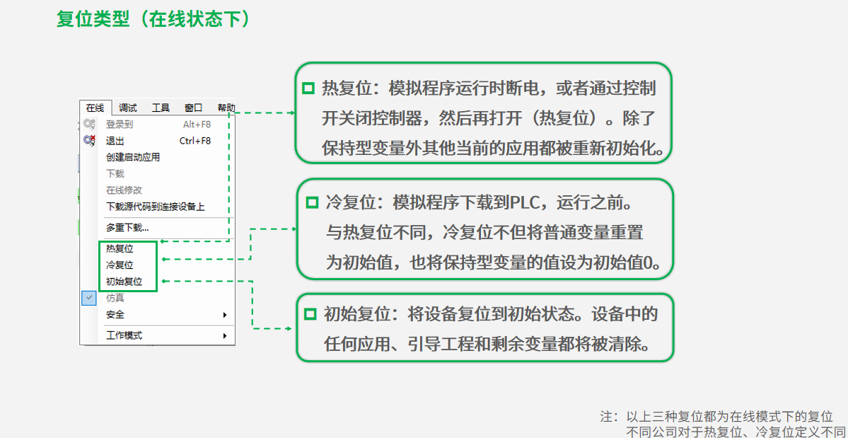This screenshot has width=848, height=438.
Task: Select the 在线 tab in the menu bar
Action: pos(95,108)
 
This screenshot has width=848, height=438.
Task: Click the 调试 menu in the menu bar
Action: pos(128,108)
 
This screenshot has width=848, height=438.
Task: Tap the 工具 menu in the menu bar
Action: pos(161,108)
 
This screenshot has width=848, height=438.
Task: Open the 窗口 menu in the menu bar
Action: pos(193,108)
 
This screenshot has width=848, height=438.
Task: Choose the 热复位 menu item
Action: pos(120,249)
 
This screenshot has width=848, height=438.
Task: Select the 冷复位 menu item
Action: pos(120,265)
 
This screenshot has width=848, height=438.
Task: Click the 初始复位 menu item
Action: pos(124,282)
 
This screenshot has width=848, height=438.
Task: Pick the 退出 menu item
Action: pos(115,141)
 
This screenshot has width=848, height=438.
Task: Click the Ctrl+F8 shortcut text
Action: pos(195,141)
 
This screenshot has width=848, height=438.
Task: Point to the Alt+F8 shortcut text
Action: pos(197,125)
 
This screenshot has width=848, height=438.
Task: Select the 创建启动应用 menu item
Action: pos(133,157)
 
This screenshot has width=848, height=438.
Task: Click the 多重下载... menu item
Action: pos(127,228)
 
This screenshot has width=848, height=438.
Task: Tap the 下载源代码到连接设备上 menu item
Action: pos(156,207)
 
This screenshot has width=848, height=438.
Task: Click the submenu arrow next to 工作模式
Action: pos(225,335)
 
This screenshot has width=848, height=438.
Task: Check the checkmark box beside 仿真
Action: pos(88,298)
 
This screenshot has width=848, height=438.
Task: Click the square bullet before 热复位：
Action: pos(308,88)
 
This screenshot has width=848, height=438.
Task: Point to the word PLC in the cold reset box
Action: pos(525,203)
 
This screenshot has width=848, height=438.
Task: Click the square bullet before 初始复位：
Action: pos(310,313)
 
